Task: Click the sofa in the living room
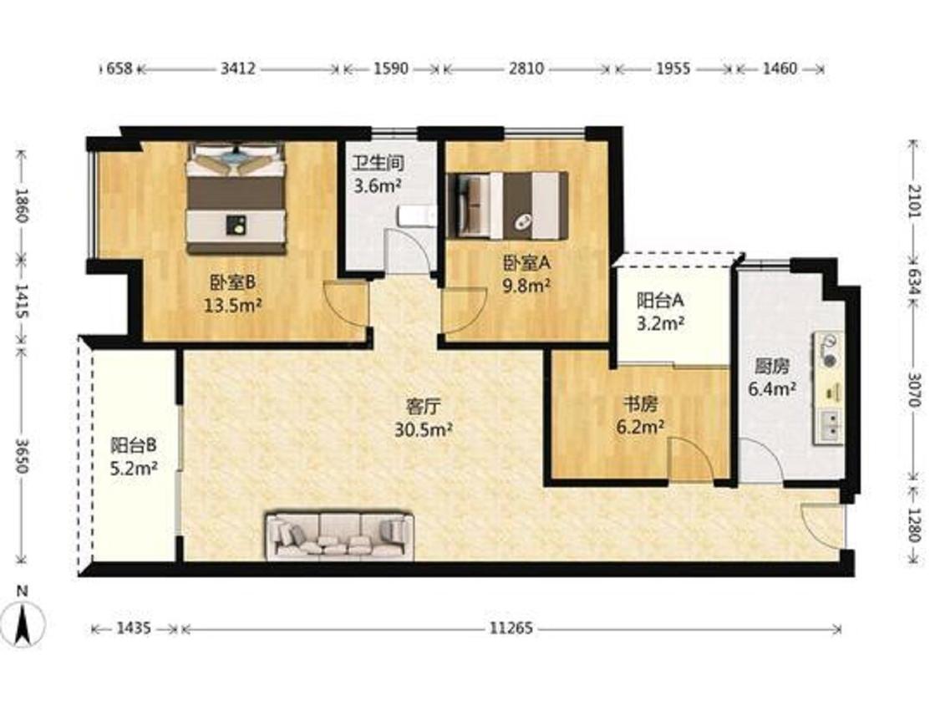click(x=339, y=535)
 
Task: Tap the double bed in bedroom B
click(x=235, y=199)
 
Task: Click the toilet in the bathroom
click(x=417, y=216)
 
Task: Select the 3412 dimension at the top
click(x=238, y=68)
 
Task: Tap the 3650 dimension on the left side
click(x=22, y=456)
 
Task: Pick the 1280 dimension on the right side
click(x=913, y=525)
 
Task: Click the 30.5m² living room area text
click(x=424, y=429)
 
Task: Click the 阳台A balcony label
click(x=660, y=300)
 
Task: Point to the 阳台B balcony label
click(x=134, y=445)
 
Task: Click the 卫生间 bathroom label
click(x=377, y=162)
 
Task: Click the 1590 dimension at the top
click(x=391, y=68)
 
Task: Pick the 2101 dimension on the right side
click(x=913, y=201)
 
